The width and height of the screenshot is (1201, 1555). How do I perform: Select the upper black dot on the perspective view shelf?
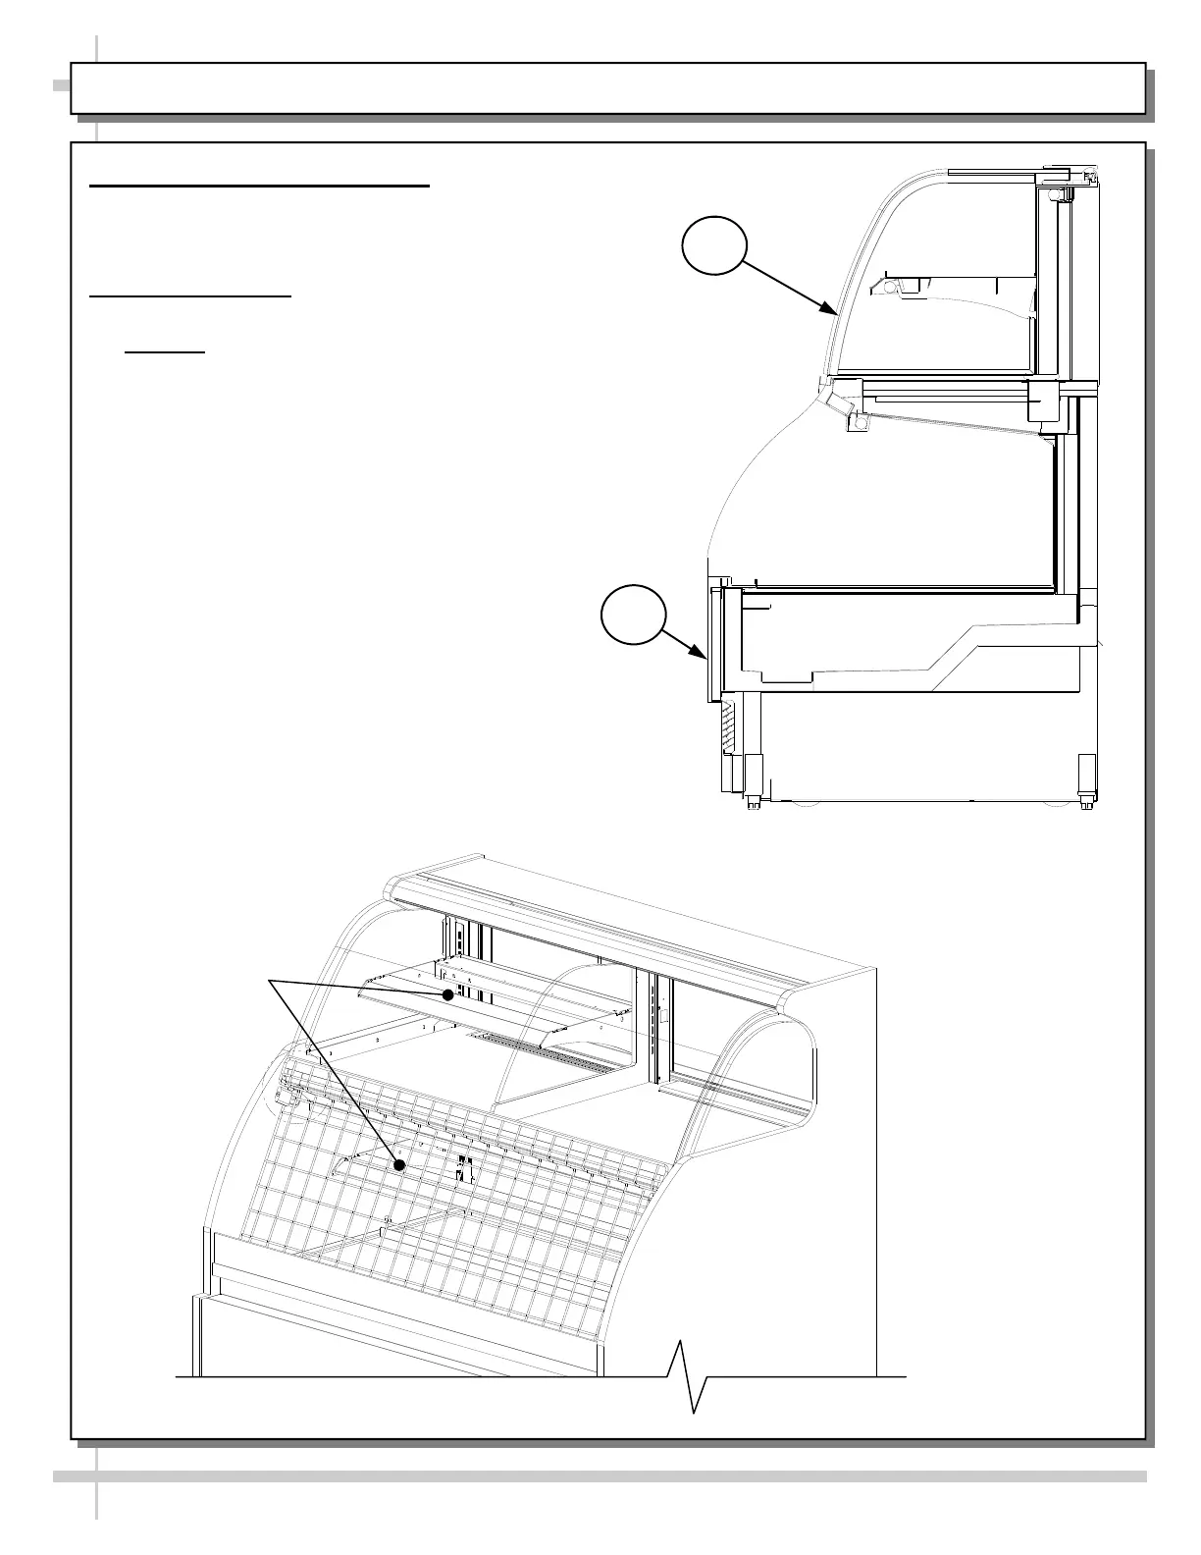(x=447, y=994)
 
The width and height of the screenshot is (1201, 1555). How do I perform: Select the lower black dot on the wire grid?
(x=399, y=1165)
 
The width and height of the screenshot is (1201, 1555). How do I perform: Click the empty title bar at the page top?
(x=607, y=88)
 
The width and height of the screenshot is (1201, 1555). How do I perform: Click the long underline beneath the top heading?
(x=260, y=185)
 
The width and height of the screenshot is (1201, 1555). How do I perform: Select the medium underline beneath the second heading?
(x=190, y=295)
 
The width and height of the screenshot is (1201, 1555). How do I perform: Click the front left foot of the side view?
(x=753, y=803)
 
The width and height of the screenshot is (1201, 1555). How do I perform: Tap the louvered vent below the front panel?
(x=727, y=731)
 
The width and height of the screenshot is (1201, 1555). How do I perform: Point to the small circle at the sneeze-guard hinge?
(x=861, y=423)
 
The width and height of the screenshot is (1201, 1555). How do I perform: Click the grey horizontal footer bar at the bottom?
(x=600, y=1475)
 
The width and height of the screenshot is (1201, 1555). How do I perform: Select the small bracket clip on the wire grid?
(x=463, y=1168)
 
